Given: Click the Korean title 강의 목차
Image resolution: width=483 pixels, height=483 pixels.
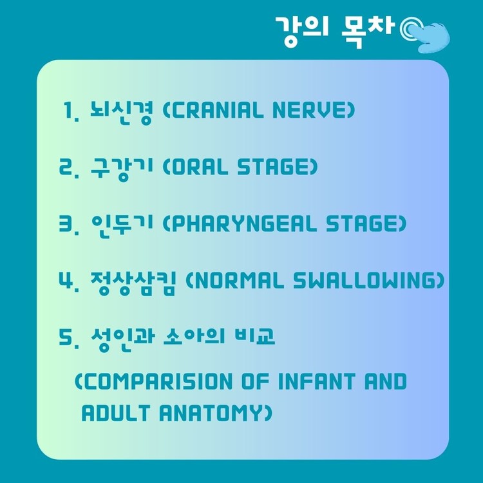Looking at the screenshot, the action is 334,32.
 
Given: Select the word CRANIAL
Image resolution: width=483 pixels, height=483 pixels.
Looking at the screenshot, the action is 213,110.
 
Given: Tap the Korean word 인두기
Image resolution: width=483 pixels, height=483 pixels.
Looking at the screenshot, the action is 122,225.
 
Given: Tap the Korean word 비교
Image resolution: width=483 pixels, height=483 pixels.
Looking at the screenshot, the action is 254,336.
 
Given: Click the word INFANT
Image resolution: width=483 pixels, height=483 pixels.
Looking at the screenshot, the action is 317,381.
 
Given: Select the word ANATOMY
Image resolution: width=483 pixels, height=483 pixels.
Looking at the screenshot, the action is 216,413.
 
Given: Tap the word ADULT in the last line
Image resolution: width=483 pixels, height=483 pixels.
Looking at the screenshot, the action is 116,413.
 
